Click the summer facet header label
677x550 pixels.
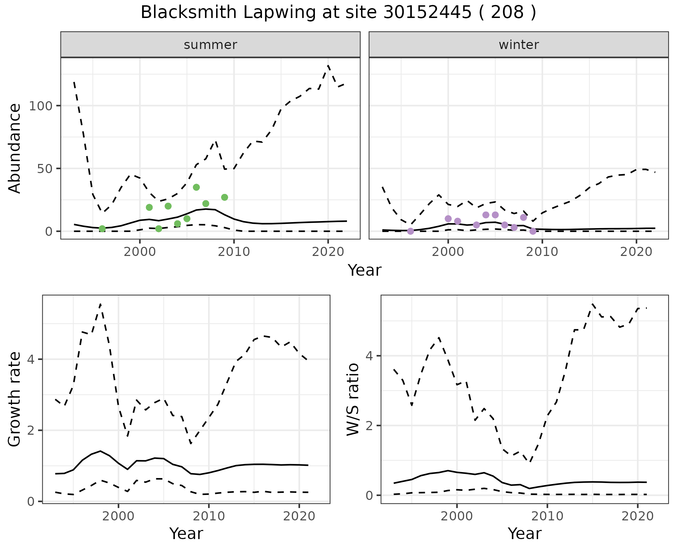click(210, 45)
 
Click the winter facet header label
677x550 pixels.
click(518, 45)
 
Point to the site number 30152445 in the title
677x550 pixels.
click(427, 13)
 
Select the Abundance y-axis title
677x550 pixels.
click(15, 148)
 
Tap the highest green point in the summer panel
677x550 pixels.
click(196, 187)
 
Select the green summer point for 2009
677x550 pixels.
click(225, 197)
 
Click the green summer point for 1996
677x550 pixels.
click(102, 229)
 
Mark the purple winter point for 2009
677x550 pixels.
click(533, 231)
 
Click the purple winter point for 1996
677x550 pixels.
click(410, 231)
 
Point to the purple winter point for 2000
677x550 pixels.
click(448, 219)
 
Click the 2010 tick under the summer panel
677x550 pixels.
click(234, 252)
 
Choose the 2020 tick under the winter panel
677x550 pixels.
click(636, 252)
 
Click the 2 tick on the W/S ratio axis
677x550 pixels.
click(370, 426)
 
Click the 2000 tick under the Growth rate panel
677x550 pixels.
click(118, 517)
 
